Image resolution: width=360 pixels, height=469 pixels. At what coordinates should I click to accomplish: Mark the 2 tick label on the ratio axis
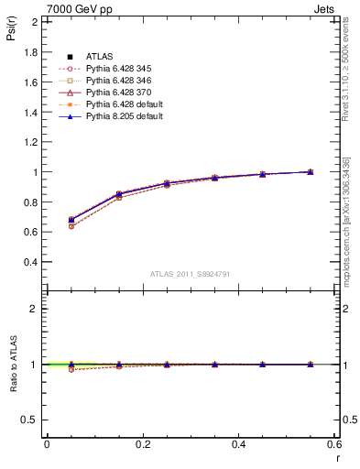(x=35, y=309)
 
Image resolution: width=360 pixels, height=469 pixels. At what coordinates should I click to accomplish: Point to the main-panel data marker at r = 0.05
(x=71, y=220)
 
